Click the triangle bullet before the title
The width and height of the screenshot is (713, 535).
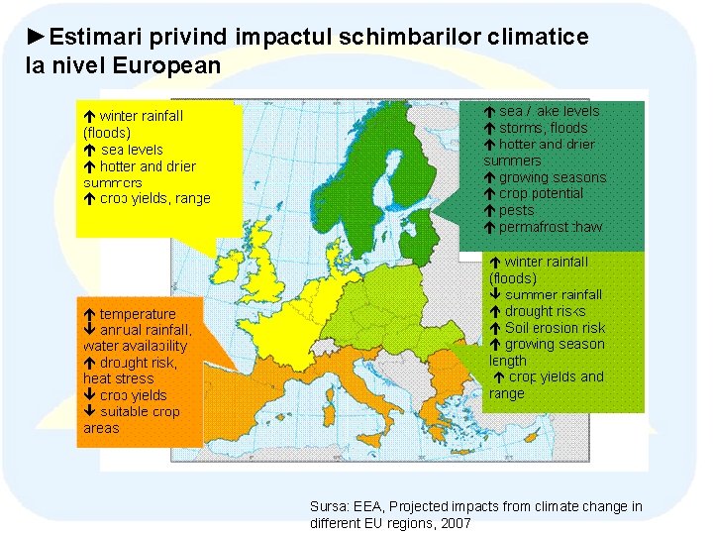pos(36,38)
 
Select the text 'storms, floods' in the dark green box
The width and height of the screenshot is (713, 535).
pos(543,128)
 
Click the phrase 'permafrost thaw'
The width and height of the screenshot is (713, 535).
pos(550,227)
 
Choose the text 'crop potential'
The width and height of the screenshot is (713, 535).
pos(541,193)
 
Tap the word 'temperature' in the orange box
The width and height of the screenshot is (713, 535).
pos(138,314)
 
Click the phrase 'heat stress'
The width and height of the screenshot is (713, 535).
pos(118,378)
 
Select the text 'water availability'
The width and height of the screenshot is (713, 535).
pos(135,346)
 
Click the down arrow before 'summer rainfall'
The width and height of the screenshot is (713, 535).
pos(495,295)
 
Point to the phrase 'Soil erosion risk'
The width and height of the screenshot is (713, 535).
pos(555,328)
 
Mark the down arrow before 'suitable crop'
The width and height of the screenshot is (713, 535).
pos(89,412)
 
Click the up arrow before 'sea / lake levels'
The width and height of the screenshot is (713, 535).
pos(489,112)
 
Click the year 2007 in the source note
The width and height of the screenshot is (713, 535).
pos(456,522)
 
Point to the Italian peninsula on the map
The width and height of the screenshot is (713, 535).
pos(366,381)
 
